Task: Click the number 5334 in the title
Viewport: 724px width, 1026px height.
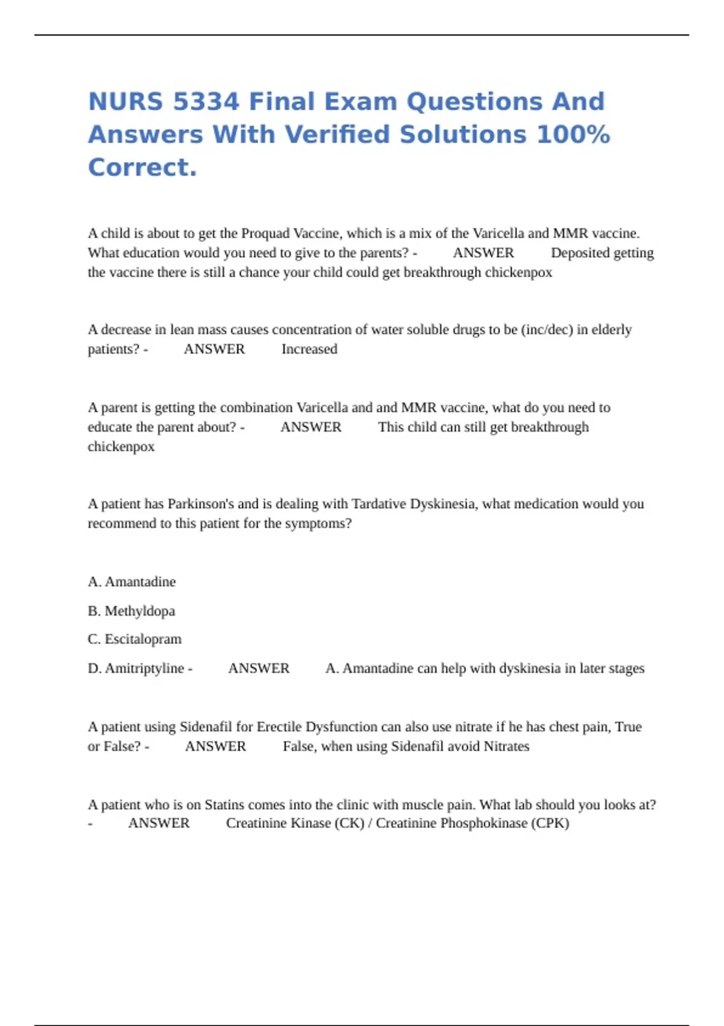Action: (206, 101)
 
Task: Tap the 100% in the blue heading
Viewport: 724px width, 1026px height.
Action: (573, 135)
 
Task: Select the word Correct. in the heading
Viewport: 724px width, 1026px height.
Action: (142, 168)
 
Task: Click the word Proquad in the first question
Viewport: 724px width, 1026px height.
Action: (265, 234)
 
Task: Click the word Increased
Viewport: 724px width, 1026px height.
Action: (309, 349)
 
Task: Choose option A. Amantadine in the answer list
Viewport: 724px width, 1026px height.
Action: (132, 582)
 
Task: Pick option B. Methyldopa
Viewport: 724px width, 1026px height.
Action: (132, 611)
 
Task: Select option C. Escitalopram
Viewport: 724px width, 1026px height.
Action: (135, 639)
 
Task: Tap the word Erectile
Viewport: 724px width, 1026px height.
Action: (279, 727)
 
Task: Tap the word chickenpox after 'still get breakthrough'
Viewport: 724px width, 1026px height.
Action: (121, 447)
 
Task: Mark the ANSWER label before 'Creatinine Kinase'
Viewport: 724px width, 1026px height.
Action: (159, 823)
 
